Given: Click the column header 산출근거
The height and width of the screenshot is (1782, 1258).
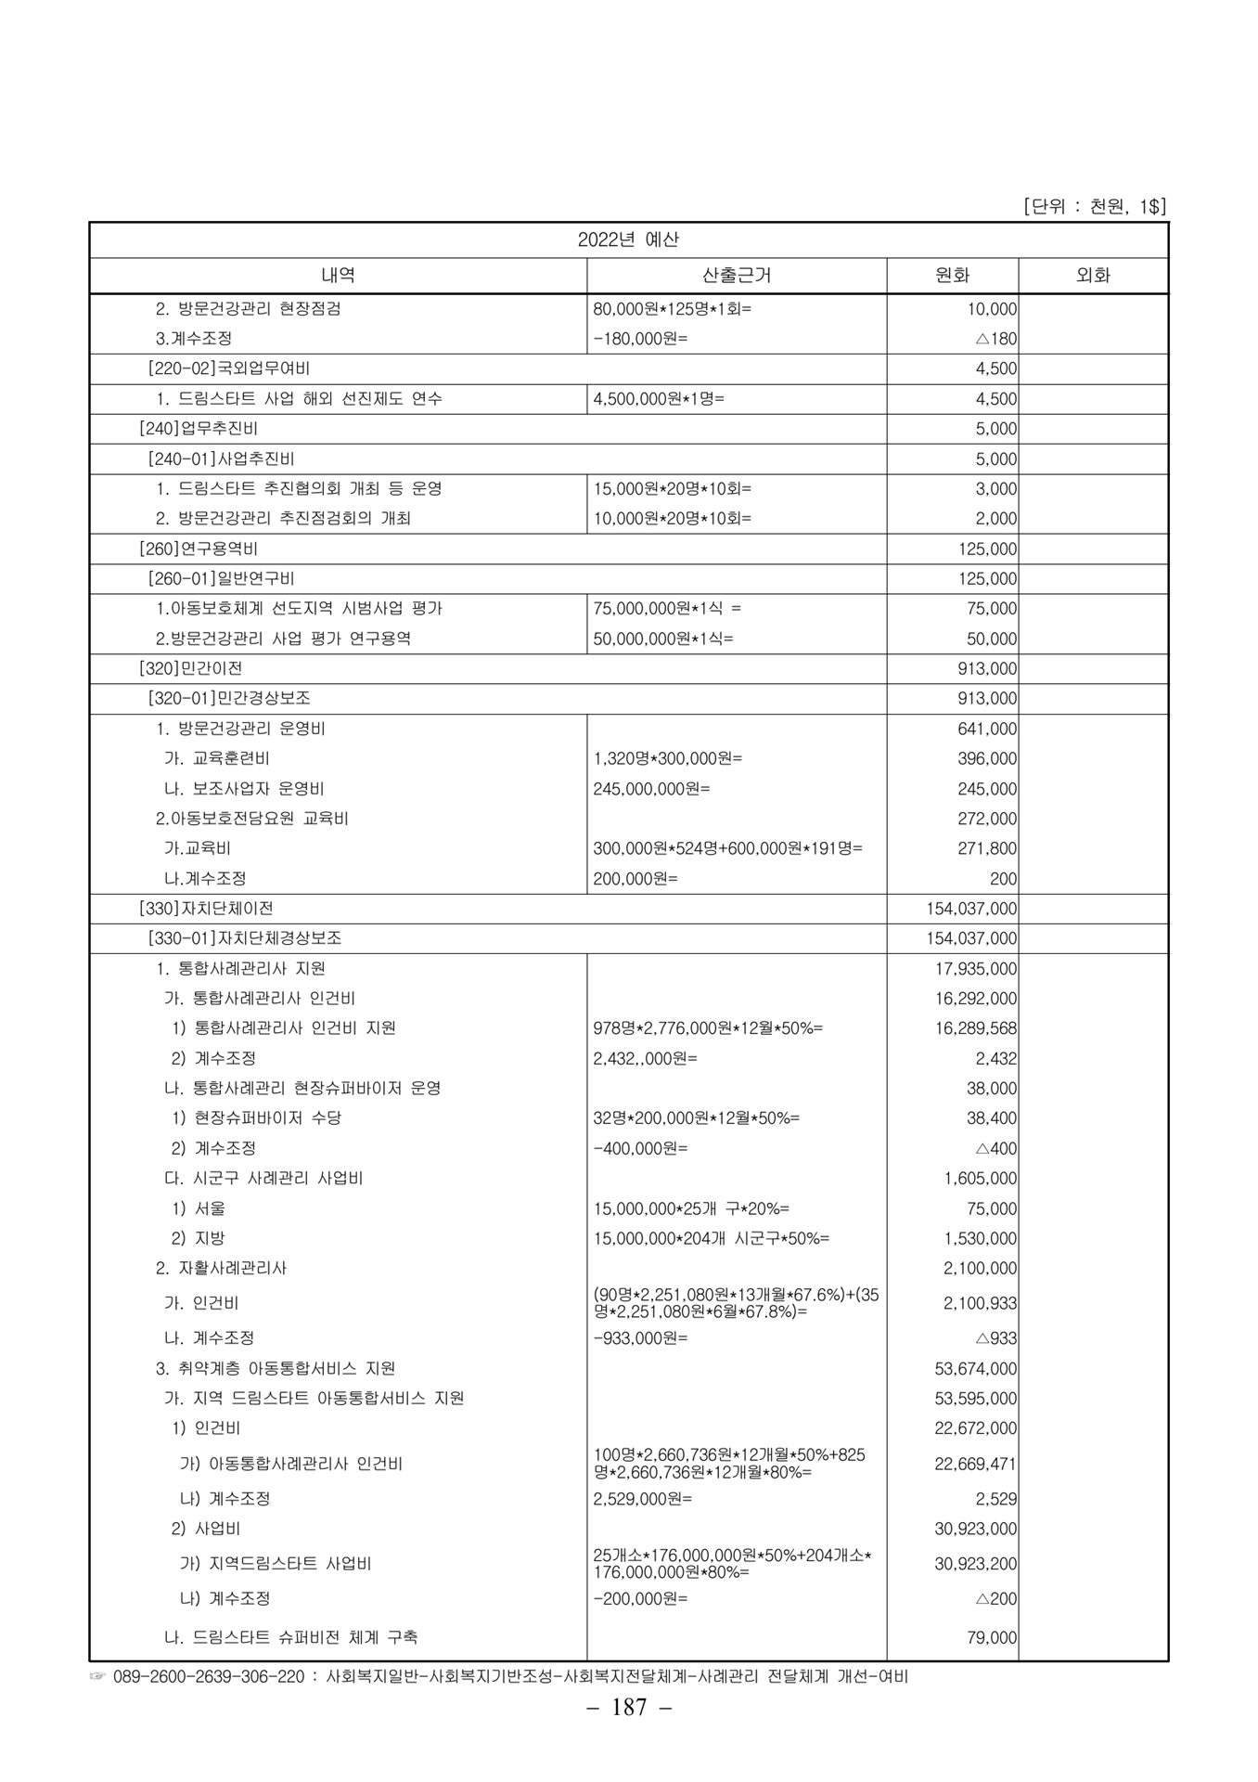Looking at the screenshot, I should [737, 276].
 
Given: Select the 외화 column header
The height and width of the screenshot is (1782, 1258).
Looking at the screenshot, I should [1092, 276].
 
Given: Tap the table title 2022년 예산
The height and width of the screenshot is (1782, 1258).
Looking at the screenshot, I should [628, 239].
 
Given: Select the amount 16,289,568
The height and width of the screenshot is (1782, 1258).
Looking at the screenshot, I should [975, 1028].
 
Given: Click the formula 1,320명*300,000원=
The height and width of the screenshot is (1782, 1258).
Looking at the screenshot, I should [668, 758].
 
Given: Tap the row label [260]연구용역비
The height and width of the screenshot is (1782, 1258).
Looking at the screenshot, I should [199, 549].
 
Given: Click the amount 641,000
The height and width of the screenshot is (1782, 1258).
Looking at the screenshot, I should [987, 729].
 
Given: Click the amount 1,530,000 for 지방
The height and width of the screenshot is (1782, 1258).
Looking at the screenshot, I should [980, 1238].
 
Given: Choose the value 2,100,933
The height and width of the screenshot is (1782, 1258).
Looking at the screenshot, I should [980, 1303].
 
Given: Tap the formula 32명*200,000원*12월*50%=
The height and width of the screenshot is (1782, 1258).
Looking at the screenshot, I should [696, 1118].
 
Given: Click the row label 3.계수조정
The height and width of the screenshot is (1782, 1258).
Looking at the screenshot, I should [194, 339].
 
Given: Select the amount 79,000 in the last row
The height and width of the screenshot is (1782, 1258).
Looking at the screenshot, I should [992, 1638].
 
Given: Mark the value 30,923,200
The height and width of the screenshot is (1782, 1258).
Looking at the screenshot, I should [975, 1564].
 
